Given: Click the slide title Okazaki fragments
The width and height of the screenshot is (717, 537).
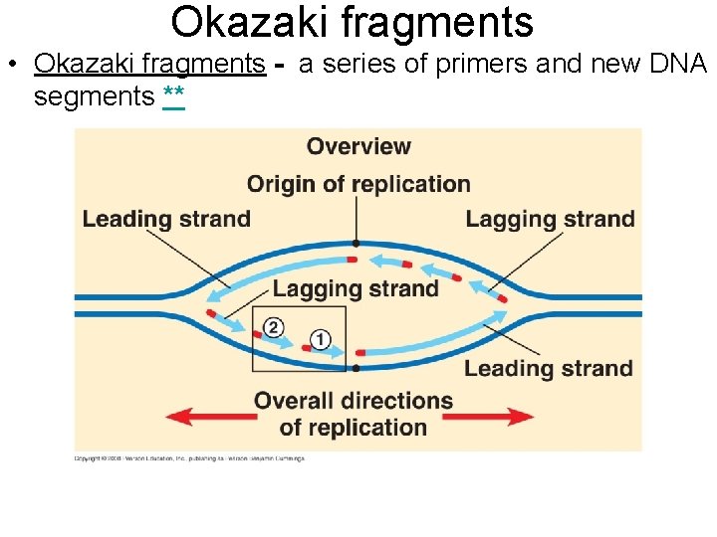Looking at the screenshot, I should coord(352,22).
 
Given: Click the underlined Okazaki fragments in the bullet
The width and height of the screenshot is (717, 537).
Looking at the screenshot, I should coord(149,65).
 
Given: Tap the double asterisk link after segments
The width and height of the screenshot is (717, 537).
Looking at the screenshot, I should coord(172,97).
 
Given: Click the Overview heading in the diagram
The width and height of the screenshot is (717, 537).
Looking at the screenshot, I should coord(358,146).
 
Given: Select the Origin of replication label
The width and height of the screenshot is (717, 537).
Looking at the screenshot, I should coord(358,184).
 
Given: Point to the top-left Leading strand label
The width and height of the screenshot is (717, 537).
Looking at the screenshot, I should coord(166,219).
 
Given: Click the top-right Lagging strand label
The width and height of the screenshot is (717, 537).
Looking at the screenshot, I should coord(550,219).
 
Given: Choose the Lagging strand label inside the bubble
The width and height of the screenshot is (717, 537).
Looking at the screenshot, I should coord(356,288).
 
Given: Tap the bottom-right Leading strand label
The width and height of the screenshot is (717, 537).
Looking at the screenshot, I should coord(548,368).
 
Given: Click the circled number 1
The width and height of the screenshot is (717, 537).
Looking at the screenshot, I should coord(320,339).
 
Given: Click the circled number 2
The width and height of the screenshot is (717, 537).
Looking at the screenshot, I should coord(275,327).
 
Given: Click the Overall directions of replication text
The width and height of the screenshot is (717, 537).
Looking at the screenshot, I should coord(354,415).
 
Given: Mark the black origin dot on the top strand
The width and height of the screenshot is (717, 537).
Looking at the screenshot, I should coord(356,243).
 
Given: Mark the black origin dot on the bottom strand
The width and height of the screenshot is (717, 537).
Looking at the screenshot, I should coord(356,368).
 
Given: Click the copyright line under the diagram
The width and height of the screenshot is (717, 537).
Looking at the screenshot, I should coord(189,458).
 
